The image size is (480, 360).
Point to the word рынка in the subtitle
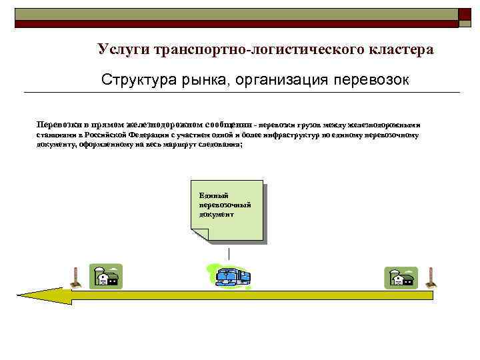pyautogui.click(x=197, y=80)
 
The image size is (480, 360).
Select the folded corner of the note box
pyautogui.click(x=199, y=233)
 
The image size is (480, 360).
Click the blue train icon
pyautogui.click(x=231, y=276)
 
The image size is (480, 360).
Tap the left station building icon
pyautogui.click(x=107, y=277)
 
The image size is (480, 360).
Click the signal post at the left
pyautogui.click(x=75, y=277)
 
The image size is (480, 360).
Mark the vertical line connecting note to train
pyautogui.click(x=229, y=255)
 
